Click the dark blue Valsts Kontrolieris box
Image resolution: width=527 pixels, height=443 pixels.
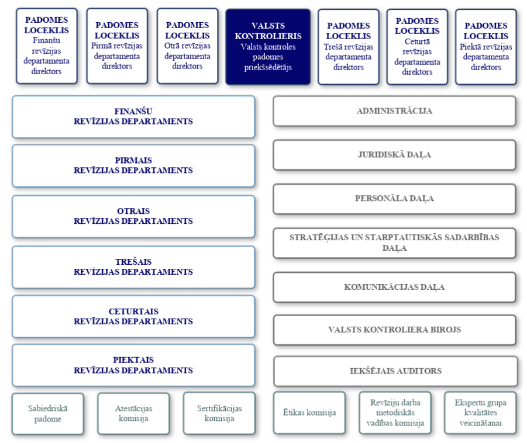[x=268, y=46]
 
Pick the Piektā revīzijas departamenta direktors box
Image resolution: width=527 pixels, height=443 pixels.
[x=486, y=46]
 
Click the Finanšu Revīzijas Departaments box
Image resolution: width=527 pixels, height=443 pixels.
[x=133, y=116]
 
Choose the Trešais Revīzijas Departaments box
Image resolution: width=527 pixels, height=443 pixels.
[x=133, y=267]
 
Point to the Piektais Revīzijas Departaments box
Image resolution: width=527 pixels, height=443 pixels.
[x=133, y=365]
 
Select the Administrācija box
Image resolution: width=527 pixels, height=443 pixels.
[x=394, y=111]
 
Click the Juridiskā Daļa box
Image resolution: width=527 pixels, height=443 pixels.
[x=394, y=155]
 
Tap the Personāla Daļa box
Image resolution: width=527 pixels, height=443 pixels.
[x=394, y=199]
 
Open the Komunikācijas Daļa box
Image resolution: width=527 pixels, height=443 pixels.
[x=394, y=287]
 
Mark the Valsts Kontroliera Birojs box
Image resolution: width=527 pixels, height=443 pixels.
[x=394, y=330]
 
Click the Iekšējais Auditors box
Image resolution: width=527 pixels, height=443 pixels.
[x=395, y=371]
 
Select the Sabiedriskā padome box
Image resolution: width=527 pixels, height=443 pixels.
[x=48, y=414]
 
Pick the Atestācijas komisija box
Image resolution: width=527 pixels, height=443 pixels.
[x=133, y=414]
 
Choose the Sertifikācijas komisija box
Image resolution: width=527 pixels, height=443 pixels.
[x=219, y=414]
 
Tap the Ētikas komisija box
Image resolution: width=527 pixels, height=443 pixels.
[x=309, y=413]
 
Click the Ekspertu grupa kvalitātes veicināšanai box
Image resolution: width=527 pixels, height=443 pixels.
[x=480, y=413]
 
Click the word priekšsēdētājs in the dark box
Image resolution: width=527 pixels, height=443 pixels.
[x=268, y=67]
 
